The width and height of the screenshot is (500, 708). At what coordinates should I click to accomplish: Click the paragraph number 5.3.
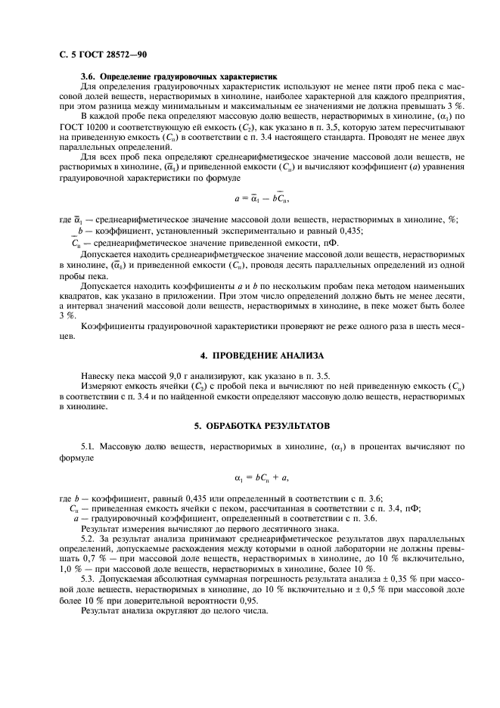coord(89,578)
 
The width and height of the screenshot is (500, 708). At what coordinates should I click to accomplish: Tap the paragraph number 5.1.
coord(89,447)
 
